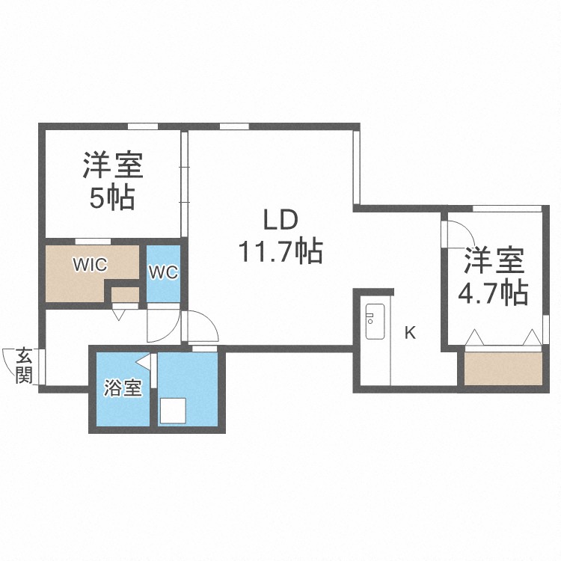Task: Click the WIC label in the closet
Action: (90, 264)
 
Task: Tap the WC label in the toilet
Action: (163, 272)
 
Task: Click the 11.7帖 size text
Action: (280, 251)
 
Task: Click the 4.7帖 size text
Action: (493, 292)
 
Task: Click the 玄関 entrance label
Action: (25, 364)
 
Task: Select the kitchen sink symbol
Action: (374, 322)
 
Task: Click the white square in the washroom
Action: (174, 411)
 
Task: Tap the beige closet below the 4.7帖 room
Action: (503, 367)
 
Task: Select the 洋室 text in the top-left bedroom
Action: (113, 165)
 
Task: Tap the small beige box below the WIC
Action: (125, 295)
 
